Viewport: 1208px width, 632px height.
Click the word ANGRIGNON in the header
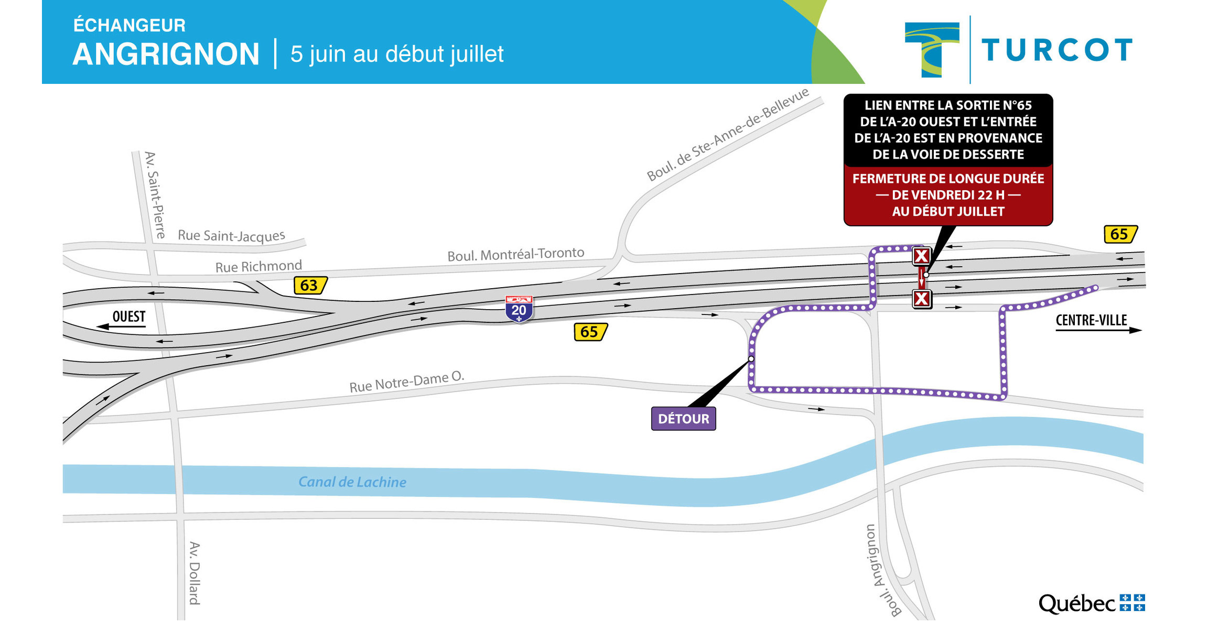coord(166,55)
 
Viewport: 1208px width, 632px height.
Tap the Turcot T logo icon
coord(932,49)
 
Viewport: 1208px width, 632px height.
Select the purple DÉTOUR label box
coord(683,419)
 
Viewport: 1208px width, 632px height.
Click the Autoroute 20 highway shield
coord(519,309)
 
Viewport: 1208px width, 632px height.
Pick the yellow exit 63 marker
coord(310,285)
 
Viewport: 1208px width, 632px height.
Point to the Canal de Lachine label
coord(352,482)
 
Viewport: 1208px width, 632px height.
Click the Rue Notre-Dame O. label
coord(407,382)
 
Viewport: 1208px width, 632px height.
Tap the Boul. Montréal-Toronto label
coord(515,254)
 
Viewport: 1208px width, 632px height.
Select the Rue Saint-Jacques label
coord(231,235)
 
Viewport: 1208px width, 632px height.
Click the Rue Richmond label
coord(258,267)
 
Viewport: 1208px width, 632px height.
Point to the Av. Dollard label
coord(195,573)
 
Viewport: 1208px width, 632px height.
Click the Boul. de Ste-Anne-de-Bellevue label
coord(728,135)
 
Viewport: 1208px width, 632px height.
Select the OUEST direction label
coord(128,317)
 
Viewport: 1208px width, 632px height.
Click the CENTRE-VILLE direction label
coord(1091,320)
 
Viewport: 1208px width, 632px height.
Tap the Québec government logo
coord(1091,604)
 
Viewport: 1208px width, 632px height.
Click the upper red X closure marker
coord(921,256)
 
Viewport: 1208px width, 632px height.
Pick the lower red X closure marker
coord(921,299)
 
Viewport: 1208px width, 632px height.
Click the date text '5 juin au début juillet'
coord(397,55)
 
